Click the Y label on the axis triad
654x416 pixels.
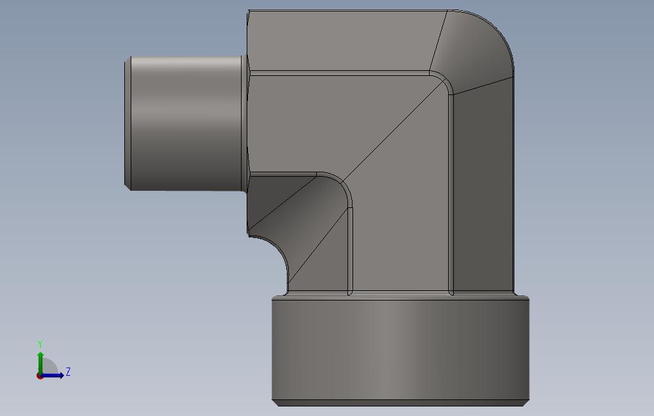click(x=40, y=345)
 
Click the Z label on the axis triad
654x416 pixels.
click(x=68, y=372)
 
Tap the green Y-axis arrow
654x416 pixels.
click(x=40, y=360)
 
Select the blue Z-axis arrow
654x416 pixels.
click(x=54, y=375)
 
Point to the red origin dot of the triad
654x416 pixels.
click(x=40, y=376)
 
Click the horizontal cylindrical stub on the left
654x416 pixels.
click(x=185, y=121)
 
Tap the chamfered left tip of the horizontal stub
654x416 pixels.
click(x=127, y=121)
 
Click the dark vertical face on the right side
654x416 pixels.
click(x=483, y=191)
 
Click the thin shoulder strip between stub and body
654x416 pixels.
click(x=245, y=121)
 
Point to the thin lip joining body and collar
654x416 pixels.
click(x=400, y=295)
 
